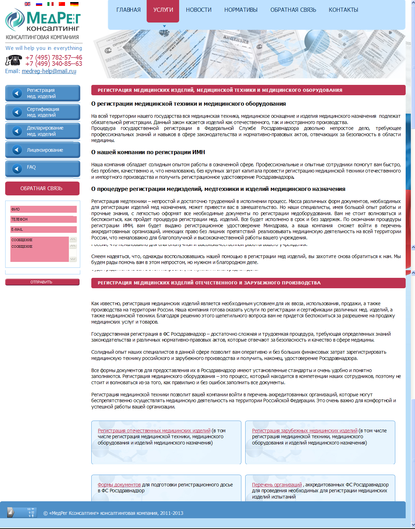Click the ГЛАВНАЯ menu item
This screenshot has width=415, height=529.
tap(128, 10)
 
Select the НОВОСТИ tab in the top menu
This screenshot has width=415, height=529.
tap(199, 10)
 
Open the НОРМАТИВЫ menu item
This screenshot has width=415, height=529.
tap(241, 10)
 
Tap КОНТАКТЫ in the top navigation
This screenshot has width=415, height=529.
tap(343, 10)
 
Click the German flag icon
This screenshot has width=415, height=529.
tap(74, 4)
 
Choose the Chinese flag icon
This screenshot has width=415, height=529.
tap(62, 4)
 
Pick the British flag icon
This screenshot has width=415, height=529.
tap(28, 4)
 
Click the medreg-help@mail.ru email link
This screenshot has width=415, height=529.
tap(49, 71)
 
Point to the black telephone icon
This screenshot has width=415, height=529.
tap(14, 60)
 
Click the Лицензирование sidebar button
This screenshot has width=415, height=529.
tap(43, 150)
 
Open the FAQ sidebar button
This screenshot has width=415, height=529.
tap(43, 168)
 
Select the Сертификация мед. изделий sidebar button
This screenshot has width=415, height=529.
tap(43, 112)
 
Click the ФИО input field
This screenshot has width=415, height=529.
tap(43, 209)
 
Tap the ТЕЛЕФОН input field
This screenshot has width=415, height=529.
tap(43, 219)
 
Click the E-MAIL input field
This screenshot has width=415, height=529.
tap(43, 229)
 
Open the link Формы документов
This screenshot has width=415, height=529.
tap(119, 485)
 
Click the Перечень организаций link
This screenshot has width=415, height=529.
tap(277, 485)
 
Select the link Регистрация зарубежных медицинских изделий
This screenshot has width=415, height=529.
tap(304, 431)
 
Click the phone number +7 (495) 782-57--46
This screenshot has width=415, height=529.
tap(54, 57)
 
